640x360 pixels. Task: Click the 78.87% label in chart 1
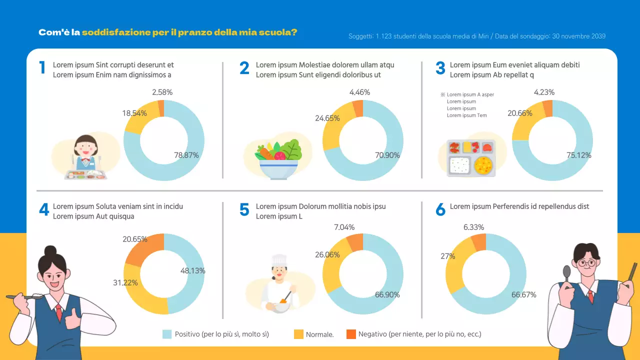click(186, 155)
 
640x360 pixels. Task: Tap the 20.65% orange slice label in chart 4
click(135, 239)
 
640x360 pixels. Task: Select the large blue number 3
click(440, 69)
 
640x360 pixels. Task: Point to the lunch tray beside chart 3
click(471, 158)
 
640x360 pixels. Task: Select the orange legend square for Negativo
click(351, 334)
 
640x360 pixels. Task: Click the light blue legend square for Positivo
click(167, 334)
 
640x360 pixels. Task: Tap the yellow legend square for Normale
click(298, 334)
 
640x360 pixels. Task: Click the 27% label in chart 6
click(448, 256)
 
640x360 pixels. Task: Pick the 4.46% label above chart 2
click(359, 92)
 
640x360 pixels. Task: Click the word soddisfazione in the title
click(116, 32)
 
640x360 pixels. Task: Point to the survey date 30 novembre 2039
click(578, 36)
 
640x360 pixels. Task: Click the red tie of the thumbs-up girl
click(59, 312)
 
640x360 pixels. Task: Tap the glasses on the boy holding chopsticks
click(585, 262)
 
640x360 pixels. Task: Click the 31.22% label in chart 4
click(125, 283)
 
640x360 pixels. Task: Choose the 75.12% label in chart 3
click(579, 155)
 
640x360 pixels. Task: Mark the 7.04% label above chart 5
click(344, 227)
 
